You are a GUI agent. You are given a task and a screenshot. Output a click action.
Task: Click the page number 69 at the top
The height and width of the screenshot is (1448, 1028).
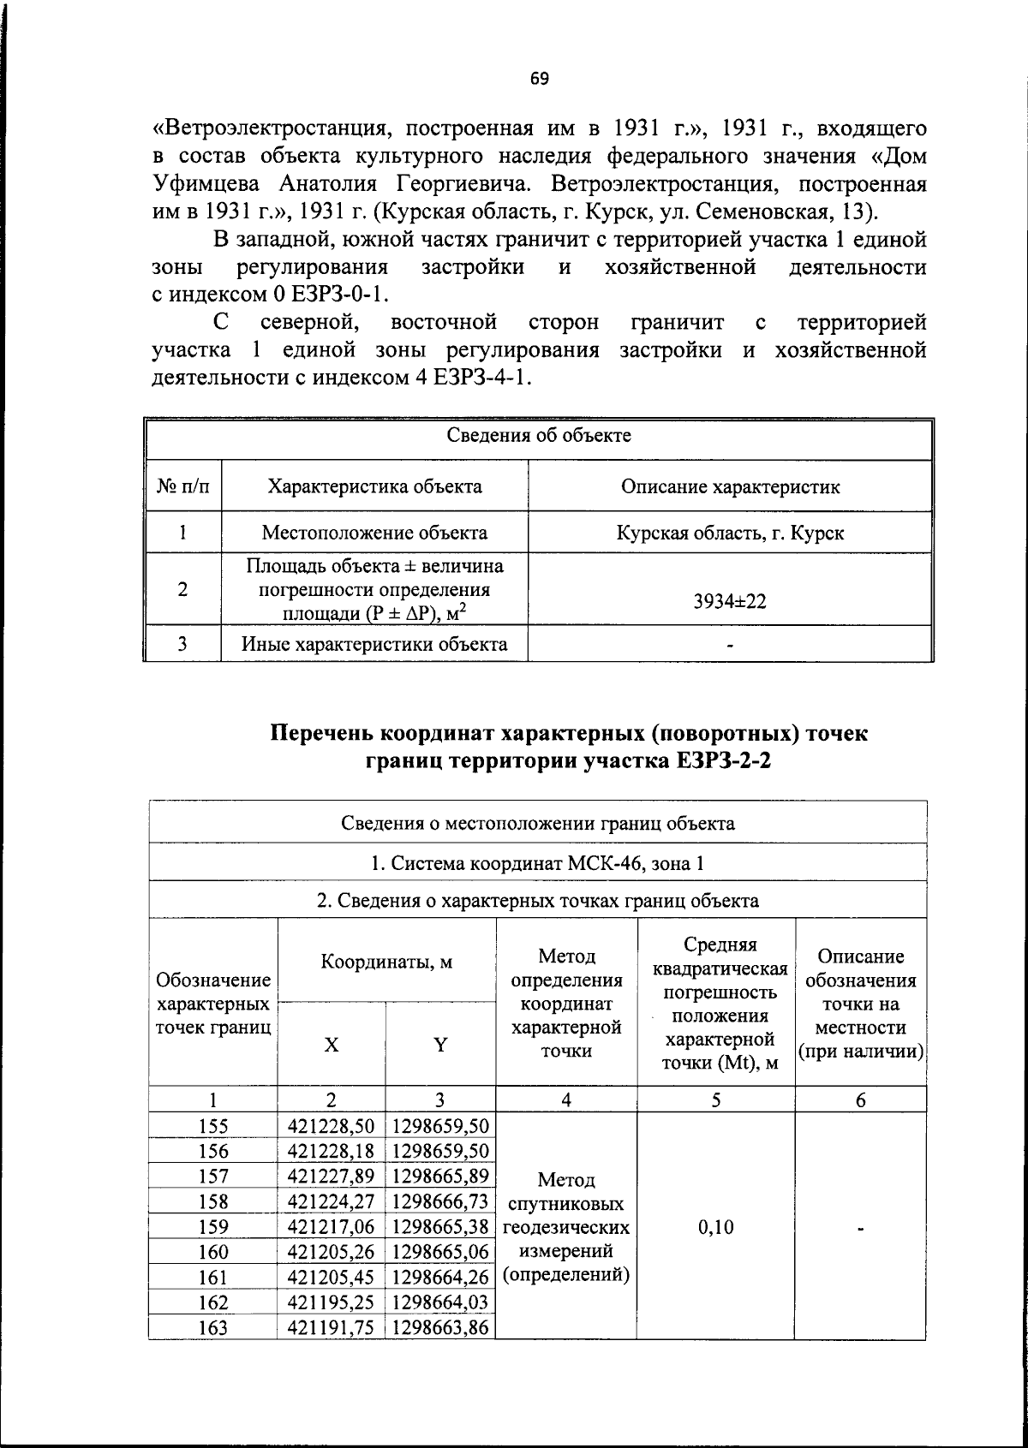539,80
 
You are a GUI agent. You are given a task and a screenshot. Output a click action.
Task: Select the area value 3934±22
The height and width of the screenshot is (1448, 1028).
730,601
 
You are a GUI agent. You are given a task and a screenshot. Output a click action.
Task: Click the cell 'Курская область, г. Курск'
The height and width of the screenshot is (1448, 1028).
730,533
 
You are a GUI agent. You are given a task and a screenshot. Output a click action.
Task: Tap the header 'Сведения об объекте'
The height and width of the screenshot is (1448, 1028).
539,436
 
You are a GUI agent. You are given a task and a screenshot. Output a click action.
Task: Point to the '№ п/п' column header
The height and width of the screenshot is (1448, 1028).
183,487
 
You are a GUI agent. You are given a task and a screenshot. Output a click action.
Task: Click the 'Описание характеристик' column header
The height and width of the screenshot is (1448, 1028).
730,487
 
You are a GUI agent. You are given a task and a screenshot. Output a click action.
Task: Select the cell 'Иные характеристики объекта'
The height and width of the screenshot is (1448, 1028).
374,644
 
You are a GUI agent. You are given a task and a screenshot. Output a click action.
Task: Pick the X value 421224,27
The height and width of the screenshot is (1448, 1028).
332,1201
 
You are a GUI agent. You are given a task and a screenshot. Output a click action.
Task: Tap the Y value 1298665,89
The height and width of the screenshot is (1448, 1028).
440,1177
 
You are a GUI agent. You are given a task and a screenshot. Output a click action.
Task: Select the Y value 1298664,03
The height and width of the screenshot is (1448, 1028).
440,1302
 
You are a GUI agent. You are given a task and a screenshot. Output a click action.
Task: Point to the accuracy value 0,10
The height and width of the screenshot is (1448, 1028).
715,1227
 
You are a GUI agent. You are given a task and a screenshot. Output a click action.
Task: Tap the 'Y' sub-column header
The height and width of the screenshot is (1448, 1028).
440,1045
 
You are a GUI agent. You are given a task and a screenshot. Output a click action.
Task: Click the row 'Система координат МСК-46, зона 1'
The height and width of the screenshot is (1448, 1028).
538,863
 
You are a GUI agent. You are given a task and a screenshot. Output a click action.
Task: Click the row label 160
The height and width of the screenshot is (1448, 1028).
212,1252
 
